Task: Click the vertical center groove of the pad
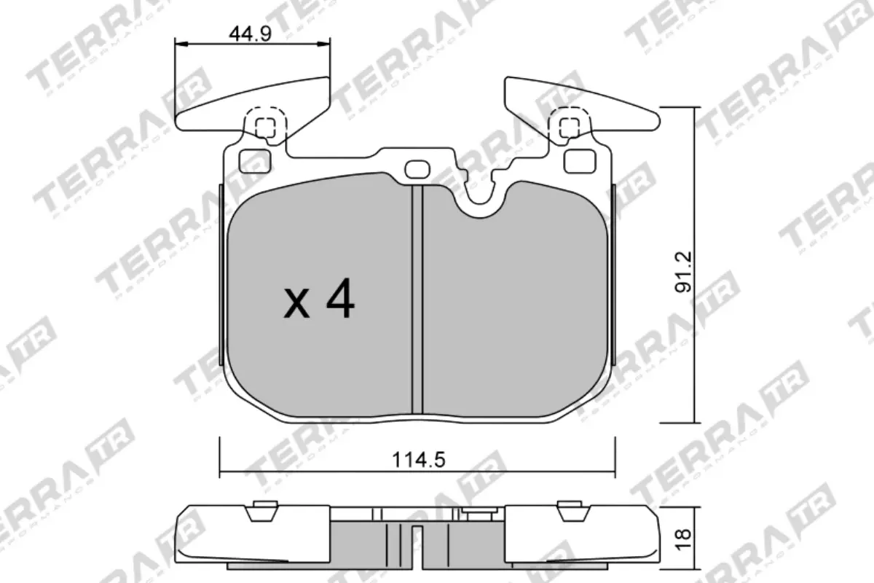point(417,299)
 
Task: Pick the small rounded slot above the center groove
point(417,169)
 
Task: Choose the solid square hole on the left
point(253,160)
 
